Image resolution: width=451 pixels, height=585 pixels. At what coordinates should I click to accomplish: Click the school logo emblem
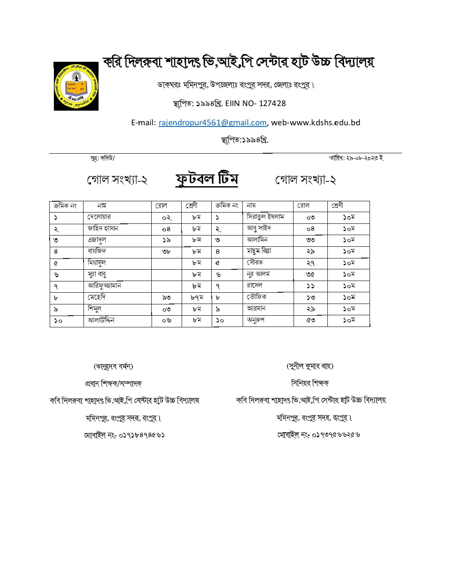[x=76, y=86]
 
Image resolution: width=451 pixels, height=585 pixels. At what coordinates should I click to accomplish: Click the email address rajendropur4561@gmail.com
[x=213, y=123]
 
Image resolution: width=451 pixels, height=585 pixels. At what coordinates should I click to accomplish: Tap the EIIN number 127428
[x=272, y=104]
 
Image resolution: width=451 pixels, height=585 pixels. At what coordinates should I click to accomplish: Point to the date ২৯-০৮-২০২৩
[x=359, y=158]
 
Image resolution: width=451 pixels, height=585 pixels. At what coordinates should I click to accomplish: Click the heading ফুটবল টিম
[x=207, y=179]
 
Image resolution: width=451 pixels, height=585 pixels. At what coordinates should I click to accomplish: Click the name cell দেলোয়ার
[x=99, y=217]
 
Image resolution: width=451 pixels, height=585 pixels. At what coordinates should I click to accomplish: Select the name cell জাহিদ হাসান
[x=103, y=228]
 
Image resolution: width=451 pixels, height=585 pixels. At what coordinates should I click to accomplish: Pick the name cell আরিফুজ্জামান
[x=104, y=286]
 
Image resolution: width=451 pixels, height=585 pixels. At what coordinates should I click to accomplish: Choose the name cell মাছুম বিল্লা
[x=259, y=251]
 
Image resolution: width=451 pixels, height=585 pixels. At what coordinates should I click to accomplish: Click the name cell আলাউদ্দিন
[x=101, y=321]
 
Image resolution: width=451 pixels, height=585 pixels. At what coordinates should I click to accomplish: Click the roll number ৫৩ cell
[x=310, y=321]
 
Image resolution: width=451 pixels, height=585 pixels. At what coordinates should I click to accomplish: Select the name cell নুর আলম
[x=258, y=274]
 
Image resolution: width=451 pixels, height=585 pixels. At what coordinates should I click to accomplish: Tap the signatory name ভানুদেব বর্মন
[x=113, y=367]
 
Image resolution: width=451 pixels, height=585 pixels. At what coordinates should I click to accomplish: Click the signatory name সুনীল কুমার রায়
[x=310, y=366]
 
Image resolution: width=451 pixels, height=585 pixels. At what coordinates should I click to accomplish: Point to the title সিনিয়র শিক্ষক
[x=310, y=383]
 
